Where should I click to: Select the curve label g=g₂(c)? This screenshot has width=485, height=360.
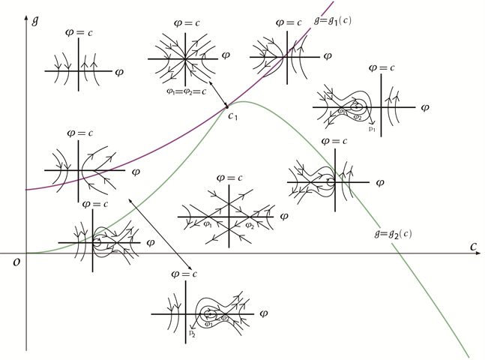[391, 234]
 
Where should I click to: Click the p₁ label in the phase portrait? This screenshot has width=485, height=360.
[372, 129]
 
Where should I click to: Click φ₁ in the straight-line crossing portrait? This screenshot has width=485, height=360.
[207, 223]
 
